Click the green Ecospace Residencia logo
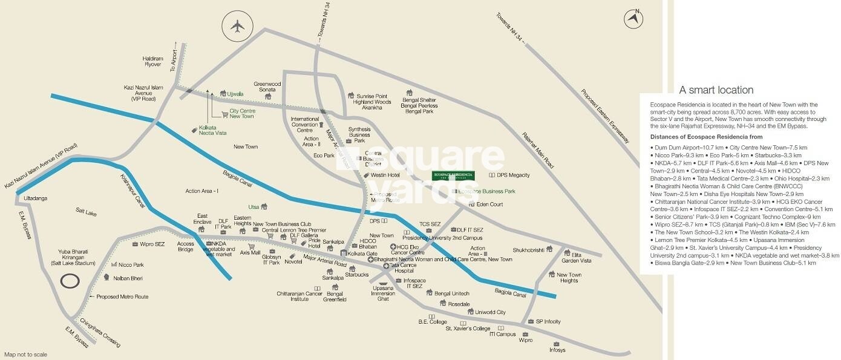(x=453, y=175)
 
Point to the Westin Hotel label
(x=386, y=175)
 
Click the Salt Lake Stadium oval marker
(x=71, y=281)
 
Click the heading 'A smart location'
(x=716, y=90)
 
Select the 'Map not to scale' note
(x=25, y=355)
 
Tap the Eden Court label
(x=489, y=205)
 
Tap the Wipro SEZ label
(x=152, y=244)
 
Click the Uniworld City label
(x=490, y=312)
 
